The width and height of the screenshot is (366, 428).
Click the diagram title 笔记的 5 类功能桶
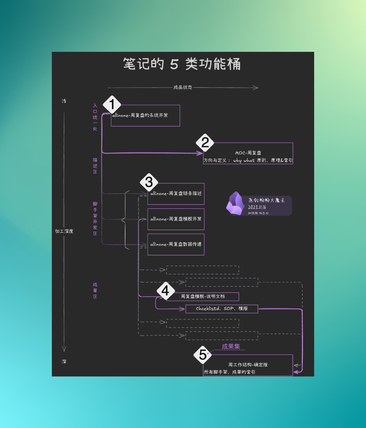(182, 64)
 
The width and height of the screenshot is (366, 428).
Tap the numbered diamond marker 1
(112, 104)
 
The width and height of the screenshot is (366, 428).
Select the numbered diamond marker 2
(205, 142)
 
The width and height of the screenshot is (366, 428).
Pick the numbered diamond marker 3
(149, 182)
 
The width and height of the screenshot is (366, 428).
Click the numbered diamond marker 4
(165, 291)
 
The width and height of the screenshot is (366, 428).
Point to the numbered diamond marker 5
(203, 355)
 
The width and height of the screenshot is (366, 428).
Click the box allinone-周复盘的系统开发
(145, 116)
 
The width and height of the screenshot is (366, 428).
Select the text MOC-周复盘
(248, 153)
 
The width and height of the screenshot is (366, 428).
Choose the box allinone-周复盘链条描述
(176, 194)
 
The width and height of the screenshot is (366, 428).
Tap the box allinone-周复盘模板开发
(176, 219)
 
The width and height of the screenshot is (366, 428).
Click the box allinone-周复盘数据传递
(176, 244)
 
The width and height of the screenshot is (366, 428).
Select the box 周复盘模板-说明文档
(203, 296)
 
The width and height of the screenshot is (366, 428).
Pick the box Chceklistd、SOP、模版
(222, 309)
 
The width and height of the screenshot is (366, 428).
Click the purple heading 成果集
(231, 347)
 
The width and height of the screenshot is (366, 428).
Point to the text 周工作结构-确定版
(248, 365)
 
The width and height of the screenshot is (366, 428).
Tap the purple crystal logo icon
(235, 204)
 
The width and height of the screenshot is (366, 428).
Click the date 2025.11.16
(257, 207)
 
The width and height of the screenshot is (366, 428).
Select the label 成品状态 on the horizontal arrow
(183, 87)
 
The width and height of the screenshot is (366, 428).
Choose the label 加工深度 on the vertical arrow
(64, 231)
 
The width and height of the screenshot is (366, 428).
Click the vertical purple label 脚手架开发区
(95, 219)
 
